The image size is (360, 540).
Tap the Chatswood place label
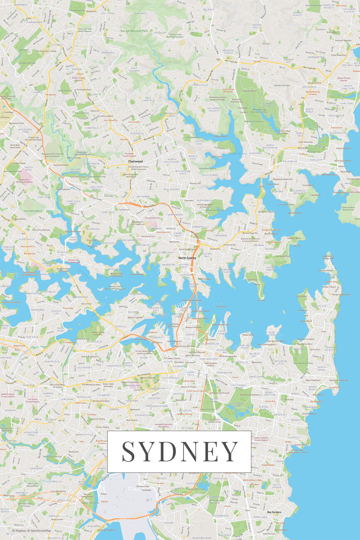(135, 161)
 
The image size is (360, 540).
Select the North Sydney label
(187, 258)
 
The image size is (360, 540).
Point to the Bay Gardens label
(274, 512)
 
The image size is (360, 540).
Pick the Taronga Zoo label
(252, 280)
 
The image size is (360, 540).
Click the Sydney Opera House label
(201, 311)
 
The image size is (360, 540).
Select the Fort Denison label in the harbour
(221, 307)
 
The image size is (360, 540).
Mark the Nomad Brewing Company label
(315, 93)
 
